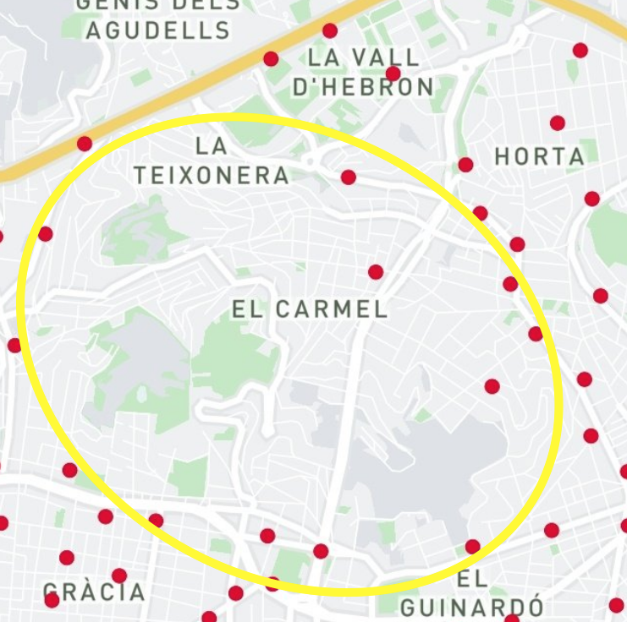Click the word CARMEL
coord(330,309)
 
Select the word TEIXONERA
coord(212,175)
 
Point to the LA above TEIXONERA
coord(212,146)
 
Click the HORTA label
coord(540,156)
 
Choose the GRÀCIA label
coord(94,592)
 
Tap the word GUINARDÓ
coord(472,607)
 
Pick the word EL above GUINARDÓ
coord(472,579)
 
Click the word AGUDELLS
coord(158,31)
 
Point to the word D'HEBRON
coord(363,86)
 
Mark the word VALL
coord(387,57)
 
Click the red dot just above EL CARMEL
coord(376,272)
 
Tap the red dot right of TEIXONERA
coord(349,177)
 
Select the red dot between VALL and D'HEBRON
coord(393,74)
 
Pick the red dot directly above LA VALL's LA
coord(330,31)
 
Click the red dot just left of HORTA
coord(465,165)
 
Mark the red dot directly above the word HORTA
coord(557,123)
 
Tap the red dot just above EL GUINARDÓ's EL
coord(473,547)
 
